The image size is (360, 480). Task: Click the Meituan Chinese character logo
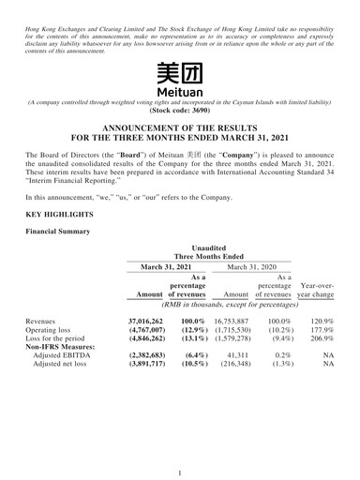[x=179, y=74]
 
